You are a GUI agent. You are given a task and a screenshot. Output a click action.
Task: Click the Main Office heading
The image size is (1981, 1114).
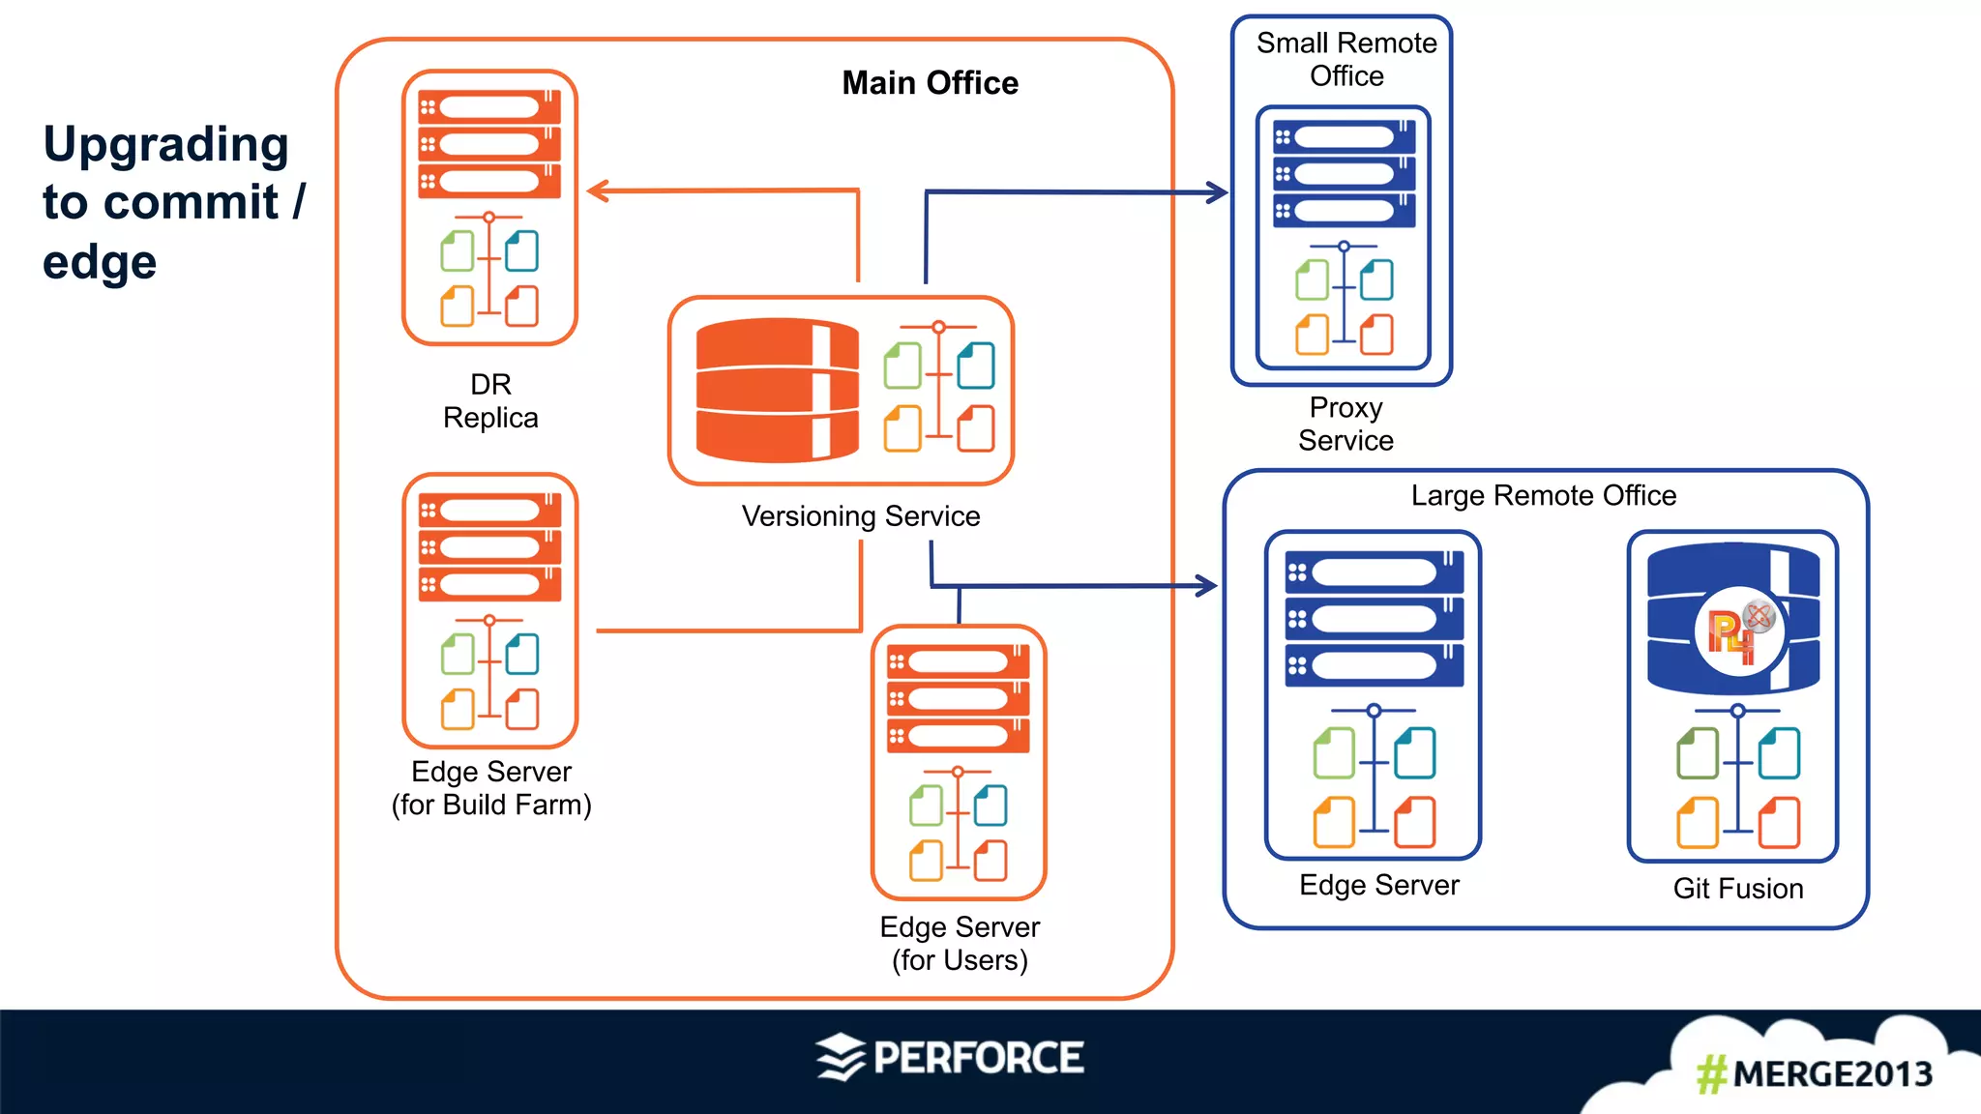pos(930,83)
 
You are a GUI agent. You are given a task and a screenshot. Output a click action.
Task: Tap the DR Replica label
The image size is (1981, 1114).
pos(490,401)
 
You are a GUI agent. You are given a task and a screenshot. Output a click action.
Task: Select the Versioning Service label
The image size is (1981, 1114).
pos(861,516)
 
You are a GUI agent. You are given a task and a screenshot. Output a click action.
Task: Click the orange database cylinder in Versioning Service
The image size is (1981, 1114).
pos(777,390)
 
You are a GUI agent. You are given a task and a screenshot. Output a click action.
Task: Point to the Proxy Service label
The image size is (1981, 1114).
pos(1345,425)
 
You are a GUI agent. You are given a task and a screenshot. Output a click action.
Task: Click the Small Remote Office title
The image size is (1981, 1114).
pos(1346,59)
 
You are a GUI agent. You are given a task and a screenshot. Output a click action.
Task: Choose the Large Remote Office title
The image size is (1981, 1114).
pos(1543,496)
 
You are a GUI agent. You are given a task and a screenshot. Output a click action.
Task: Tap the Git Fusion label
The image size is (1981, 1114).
pos(1738,889)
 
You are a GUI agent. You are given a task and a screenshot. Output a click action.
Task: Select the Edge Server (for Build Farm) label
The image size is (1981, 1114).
pos(491,788)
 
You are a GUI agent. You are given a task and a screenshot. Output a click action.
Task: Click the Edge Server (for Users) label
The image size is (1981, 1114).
pos(960,944)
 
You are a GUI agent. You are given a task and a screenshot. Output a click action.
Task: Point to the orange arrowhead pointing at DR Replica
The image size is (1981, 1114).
pos(598,191)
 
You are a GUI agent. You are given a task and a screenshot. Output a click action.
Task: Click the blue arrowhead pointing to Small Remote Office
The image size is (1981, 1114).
pos(1217,192)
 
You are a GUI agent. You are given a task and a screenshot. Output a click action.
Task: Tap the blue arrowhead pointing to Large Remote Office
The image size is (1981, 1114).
pos(1206,585)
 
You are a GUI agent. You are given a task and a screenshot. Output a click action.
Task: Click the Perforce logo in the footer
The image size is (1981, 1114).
pos(950,1058)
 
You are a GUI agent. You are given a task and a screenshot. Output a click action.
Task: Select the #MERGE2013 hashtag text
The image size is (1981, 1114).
pos(1814,1074)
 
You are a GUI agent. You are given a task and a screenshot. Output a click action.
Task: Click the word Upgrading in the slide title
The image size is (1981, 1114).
pos(166,145)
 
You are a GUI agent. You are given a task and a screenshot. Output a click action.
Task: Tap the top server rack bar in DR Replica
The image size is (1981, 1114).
pos(489,107)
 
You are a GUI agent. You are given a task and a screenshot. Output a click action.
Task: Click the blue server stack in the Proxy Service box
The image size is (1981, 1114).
pos(1344,174)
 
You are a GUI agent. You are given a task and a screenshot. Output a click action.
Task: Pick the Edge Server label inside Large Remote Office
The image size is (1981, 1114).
pos(1378,885)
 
